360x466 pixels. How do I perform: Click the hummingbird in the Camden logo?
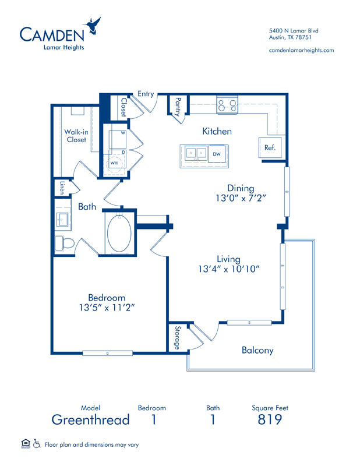(x=93, y=26)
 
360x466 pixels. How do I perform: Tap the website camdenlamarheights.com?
(x=301, y=50)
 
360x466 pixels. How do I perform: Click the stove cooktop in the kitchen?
(x=227, y=105)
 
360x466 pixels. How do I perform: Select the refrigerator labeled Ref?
(x=270, y=147)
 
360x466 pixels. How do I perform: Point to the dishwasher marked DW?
(x=217, y=154)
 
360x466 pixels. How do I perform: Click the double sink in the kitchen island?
(x=196, y=153)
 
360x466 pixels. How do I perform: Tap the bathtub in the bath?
(x=119, y=234)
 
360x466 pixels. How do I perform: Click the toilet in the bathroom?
(x=64, y=243)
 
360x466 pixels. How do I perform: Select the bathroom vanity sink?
(x=62, y=220)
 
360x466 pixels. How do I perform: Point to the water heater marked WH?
(x=114, y=163)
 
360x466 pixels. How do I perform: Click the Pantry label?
(x=178, y=107)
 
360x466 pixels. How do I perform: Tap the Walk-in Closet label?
(x=76, y=136)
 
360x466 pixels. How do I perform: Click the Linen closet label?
(x=62, y=188)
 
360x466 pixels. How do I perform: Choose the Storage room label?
(x=178, y=338)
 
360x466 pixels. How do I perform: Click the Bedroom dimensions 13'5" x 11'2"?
(x=107, y=308)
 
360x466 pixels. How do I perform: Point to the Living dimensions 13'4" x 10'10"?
(x=228, y=269)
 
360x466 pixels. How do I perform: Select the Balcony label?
(x=257, y=350)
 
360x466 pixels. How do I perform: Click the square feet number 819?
(x=270, y=419)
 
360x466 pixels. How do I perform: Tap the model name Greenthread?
(x=91, y=419)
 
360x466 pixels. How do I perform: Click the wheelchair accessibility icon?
(x=37, y=444)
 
